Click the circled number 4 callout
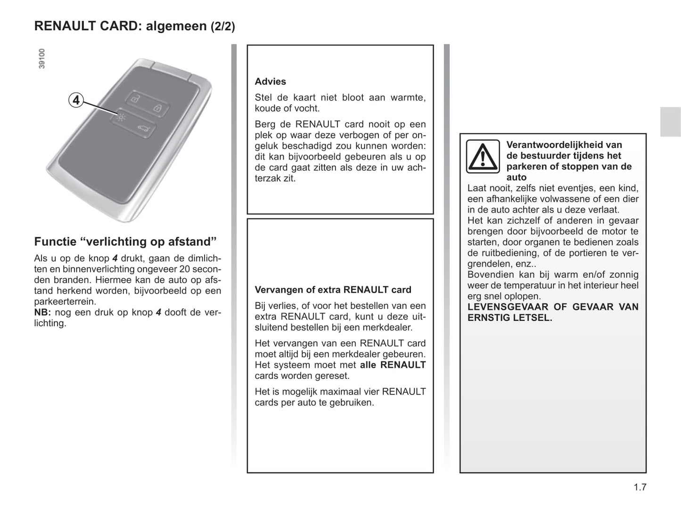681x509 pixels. click(x=76, y=100)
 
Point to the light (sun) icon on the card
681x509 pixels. click(x=121, y=116)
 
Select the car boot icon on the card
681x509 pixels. click(x=143, y=128)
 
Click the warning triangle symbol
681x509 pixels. click(x=483, y=156)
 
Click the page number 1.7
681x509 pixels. click(x=640, y=487)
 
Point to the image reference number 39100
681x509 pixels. click(x=42, y=59)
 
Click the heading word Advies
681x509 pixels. click(x=270, y=82)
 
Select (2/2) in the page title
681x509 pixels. click(x=222, y=26)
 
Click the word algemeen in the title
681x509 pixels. click(x=176, y=26)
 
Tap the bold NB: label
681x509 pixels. click(x=42, y=312)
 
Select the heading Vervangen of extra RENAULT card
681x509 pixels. click(x=333, y=290)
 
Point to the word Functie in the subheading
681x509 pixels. click(x=55, y=242)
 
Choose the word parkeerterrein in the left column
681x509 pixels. click(x=65, y=302)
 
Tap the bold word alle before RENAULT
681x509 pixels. click(x=368, y=365)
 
